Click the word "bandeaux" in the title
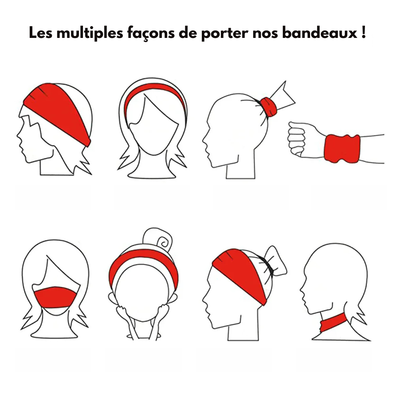tap(320, 33)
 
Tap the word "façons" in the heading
tap(151, 34)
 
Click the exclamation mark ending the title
tap(363, 32)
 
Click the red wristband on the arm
tap(342, 149)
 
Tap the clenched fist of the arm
tap(297, 139)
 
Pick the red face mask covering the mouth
tap(55, 297)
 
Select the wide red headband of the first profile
tap(57, 111)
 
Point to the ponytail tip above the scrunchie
tap(286, 82)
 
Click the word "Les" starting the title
tap(41, 33)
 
